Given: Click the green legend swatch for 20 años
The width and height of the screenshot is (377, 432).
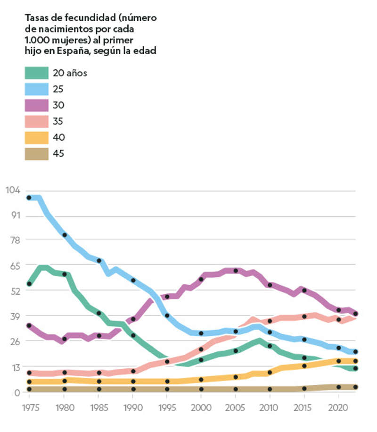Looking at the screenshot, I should click(x=36, y=73).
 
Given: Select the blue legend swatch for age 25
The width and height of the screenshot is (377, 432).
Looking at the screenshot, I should click(x=36, y=89).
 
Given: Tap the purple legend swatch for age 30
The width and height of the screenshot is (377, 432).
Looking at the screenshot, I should click(x=36, y=105).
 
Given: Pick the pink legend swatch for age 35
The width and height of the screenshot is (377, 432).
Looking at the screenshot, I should click(x=36, y=121).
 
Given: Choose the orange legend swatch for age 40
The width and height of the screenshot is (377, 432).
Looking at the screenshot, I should click(x=36, y=137).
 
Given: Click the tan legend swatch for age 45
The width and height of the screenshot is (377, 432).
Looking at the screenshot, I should click(x=36, y=153).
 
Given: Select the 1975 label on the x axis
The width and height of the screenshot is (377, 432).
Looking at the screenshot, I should click(x=29, y=407).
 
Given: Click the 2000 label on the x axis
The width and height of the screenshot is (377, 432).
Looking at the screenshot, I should click(x=201, y=407).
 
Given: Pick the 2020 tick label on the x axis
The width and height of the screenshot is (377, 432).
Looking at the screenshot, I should click(x=339, y=407).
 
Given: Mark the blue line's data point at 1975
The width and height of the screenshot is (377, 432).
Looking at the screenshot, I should click(x=29, y=198).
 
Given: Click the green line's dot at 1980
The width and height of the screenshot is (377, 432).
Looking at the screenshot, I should click(x=65, y=274).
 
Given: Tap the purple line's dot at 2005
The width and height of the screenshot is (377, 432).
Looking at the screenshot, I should click(x=236, y=271).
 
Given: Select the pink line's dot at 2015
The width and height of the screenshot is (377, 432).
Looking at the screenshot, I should click(x=304, y=316).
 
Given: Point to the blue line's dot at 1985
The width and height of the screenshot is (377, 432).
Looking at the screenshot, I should click(x=99, y=261).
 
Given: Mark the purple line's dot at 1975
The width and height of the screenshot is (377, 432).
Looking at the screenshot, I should click(x=29, y=325).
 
